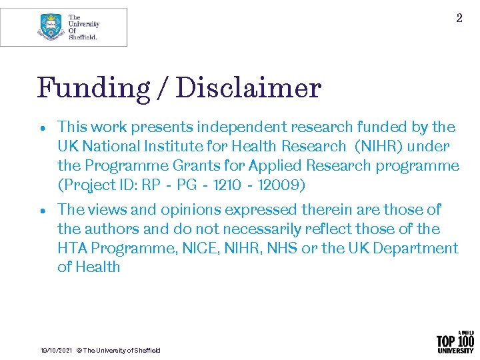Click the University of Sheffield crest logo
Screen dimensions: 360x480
pos(51,27)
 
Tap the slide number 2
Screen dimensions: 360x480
pos(459,19)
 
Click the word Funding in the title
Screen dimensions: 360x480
pos(84,88)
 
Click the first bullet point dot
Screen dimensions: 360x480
pos(42,127)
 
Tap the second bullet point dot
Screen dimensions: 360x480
pos(42,211)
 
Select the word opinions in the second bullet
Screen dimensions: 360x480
pos(190,210)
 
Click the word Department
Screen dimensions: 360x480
pos(420,249)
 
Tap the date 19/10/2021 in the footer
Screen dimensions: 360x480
pos(56,351)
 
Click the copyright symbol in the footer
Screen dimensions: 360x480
pos(79,351)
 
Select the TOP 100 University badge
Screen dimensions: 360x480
pos(455,341)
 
